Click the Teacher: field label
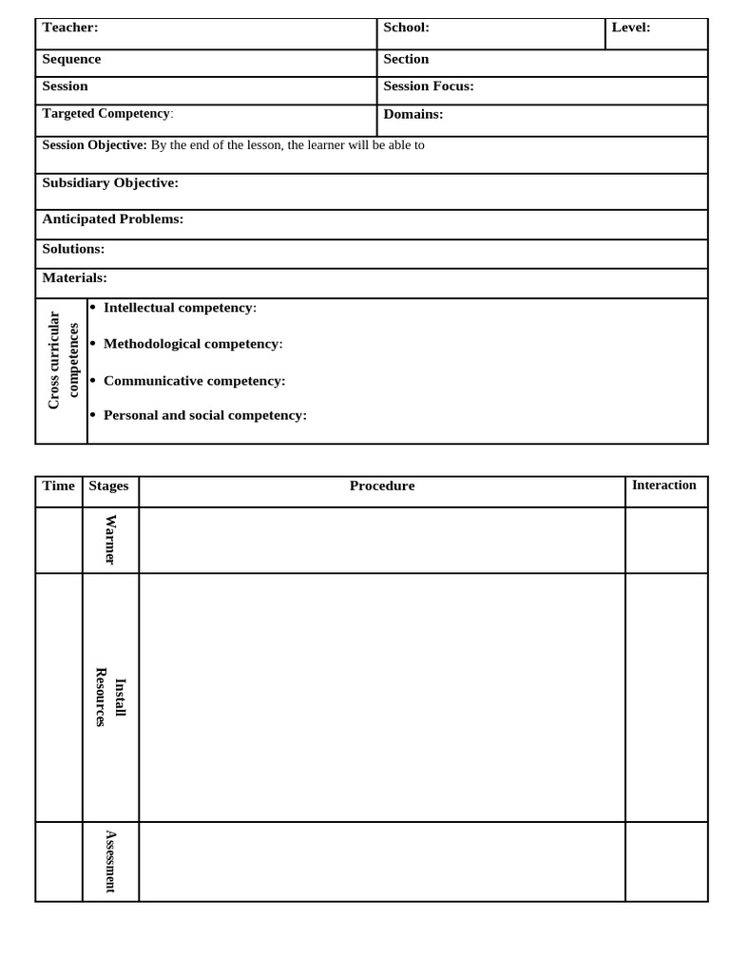click(x=70, y=28)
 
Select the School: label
click(x=406, y=28)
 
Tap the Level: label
click(x=630, y=28)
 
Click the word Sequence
click(x=71, y=59)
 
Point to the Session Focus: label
click(x=428, y=86)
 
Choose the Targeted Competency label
click(x=106, y=114)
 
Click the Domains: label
click(x=413, y=114)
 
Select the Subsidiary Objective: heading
click(x=110, y=182)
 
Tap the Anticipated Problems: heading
click(x=112, y=219)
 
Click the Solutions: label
click(x=73, y=248)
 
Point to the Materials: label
click(x=74, y=277)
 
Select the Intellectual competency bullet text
click(x=179, y=308)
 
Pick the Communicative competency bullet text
click(x=194, y=380)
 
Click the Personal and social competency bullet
click(x=204, y=415)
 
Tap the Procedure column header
click(x=382, y=486)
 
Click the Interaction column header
click(x=663, y=485)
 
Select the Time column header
click(x=58, y=486)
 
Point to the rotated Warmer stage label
click(x=110, y=540)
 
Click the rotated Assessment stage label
click(x=110, y=861)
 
